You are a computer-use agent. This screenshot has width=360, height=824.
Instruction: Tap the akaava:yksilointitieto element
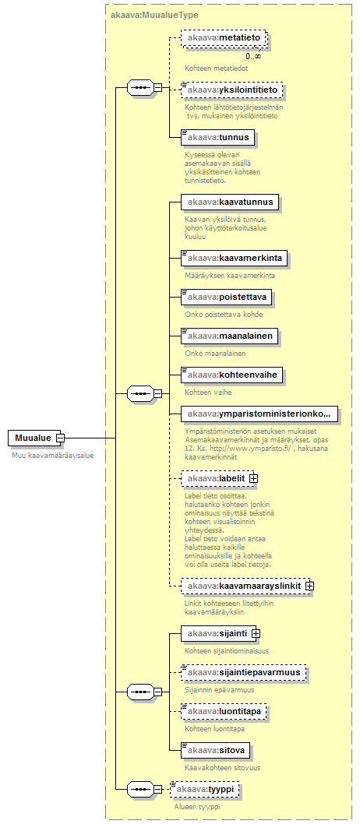(x=232, y=90)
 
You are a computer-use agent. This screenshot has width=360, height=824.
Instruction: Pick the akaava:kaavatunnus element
(x=230, y=202)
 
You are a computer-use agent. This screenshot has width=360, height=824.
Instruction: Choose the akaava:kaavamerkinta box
(x=235, y=259)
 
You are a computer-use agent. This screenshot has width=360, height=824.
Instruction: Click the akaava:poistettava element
(x=227, y=298)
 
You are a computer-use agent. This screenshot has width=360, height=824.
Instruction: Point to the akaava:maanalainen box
(x=230, y=336)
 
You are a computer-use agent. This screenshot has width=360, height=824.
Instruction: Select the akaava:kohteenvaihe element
(x=230, y=375)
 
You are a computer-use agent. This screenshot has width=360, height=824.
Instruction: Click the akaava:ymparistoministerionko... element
(x=259, y=414)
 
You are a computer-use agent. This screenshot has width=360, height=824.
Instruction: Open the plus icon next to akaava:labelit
(x=253, y=479)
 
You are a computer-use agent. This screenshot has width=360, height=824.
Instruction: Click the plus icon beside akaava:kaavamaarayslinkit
(x=309, y=586)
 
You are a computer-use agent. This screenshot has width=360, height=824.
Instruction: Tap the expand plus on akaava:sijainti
(x=256, y=634)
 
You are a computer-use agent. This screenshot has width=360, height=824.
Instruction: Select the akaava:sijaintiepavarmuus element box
(x=244, y=673)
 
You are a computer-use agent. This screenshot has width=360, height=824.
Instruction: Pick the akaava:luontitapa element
(x=224, y=712)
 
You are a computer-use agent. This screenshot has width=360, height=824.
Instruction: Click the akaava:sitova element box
(x=216, y=751)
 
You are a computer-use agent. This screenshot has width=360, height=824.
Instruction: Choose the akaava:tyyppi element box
(x=206, y=789)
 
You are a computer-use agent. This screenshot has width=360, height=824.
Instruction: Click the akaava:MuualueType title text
(x=154, y=16)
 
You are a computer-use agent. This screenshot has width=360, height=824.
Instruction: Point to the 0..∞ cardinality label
(x=253, y=56)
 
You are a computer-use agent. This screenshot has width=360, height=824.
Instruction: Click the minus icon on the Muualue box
(x=61, y=438)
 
